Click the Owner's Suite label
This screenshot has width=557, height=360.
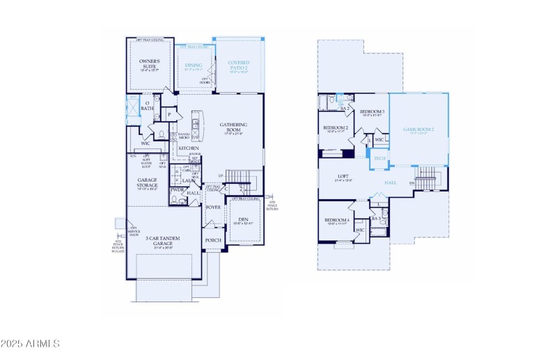[149, 64]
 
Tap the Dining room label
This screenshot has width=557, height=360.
[193, 65]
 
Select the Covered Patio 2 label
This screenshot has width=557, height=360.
[238, 65]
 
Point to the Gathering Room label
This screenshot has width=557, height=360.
[233, 127]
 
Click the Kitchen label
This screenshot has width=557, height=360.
[188, 148]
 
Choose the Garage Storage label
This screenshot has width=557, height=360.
[147, 182]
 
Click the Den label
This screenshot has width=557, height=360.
[243, 219]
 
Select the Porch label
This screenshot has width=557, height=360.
[213, 240]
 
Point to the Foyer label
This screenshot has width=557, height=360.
[213, 207]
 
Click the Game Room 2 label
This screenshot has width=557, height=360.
[419, 130]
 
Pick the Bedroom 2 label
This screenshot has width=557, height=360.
[336, 128]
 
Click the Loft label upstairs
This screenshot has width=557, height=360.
[343, 176]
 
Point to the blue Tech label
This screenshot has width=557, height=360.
[379, 159]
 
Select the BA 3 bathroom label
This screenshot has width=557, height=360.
[377, 219]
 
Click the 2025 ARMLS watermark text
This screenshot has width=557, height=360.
[30, 344]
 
